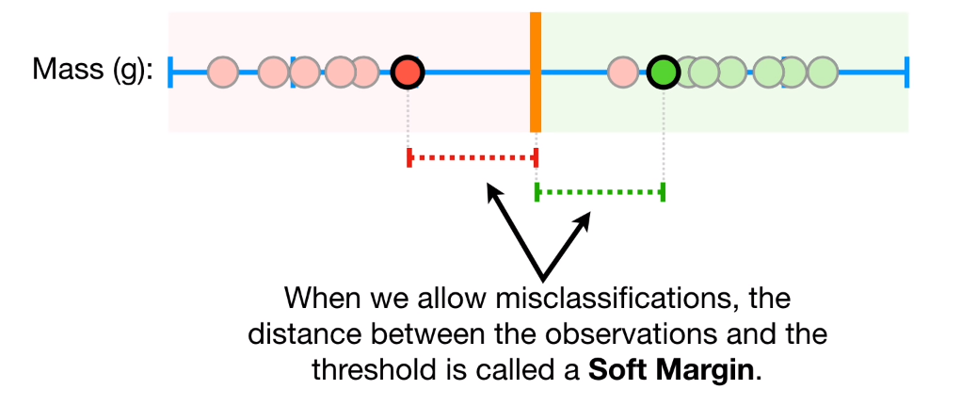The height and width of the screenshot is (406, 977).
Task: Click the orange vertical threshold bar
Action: [x=536, y=72]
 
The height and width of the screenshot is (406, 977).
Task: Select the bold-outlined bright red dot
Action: [x=408, y=71]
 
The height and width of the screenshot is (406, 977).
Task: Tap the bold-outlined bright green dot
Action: [x=664, y=71]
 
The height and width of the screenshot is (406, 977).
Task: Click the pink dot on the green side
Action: [x=621, y=71]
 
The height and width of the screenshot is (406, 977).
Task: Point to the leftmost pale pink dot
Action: [x=222, y=71]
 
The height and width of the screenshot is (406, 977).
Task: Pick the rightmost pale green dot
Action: [x=823, y=71]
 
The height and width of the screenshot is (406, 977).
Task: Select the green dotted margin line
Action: [x=600, y=192]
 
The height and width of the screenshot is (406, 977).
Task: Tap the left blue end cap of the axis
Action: [x=171, y=71]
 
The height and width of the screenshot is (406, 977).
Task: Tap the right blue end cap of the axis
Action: [x=906, y=71]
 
